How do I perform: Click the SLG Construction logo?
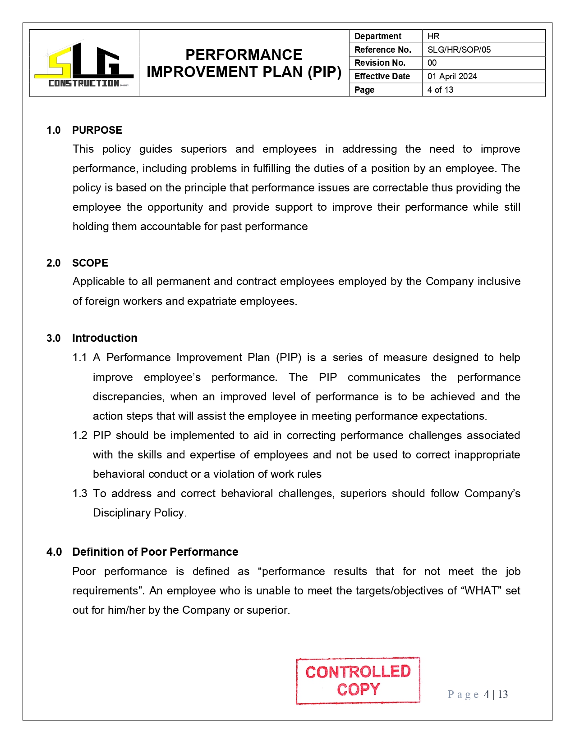pos(84,63)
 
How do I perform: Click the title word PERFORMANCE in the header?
pos(244,54)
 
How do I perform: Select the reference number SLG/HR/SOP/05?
pos(459,50)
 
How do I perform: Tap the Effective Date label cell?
pos(382,76)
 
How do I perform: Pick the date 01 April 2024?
pos(452,76)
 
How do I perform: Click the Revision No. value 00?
pos(432,63)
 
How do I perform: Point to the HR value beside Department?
pos(433,36)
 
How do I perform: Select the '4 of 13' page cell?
pos(440,90)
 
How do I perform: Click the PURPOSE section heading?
pos(97,130)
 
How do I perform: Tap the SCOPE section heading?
pos(90,263)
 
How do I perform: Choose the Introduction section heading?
pos(105,338)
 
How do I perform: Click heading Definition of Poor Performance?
pos(155,552)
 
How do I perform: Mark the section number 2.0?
pos(54,263)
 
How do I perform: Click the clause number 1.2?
pos(80,435)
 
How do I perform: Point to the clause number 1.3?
pos(80,494)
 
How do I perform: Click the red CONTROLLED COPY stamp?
pos(358,680)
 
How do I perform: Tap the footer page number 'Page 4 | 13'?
pos(478,694)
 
